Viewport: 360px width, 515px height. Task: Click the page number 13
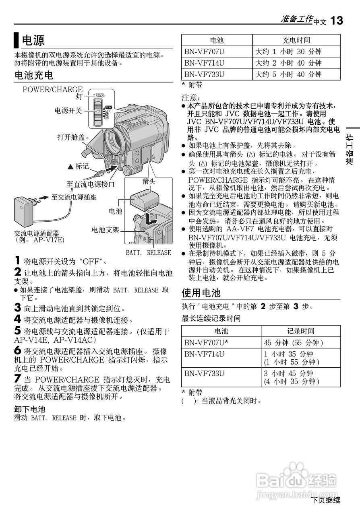click(337, 21)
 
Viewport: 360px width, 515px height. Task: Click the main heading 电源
click(33, 40)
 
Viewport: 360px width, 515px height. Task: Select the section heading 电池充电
click(34, 75)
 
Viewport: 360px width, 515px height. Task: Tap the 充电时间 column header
click(296, 40)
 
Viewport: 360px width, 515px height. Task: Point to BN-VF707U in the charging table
click(205, 52)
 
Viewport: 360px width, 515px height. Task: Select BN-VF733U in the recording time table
click(205, 373)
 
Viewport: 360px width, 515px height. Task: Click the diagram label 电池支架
click(106, 230)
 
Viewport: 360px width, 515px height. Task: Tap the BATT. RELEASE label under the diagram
click(148, 253)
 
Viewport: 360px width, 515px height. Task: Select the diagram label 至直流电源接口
click(90, 185)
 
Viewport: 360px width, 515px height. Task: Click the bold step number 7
click(17, 379)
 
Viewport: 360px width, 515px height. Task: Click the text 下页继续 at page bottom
click(326, 501)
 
